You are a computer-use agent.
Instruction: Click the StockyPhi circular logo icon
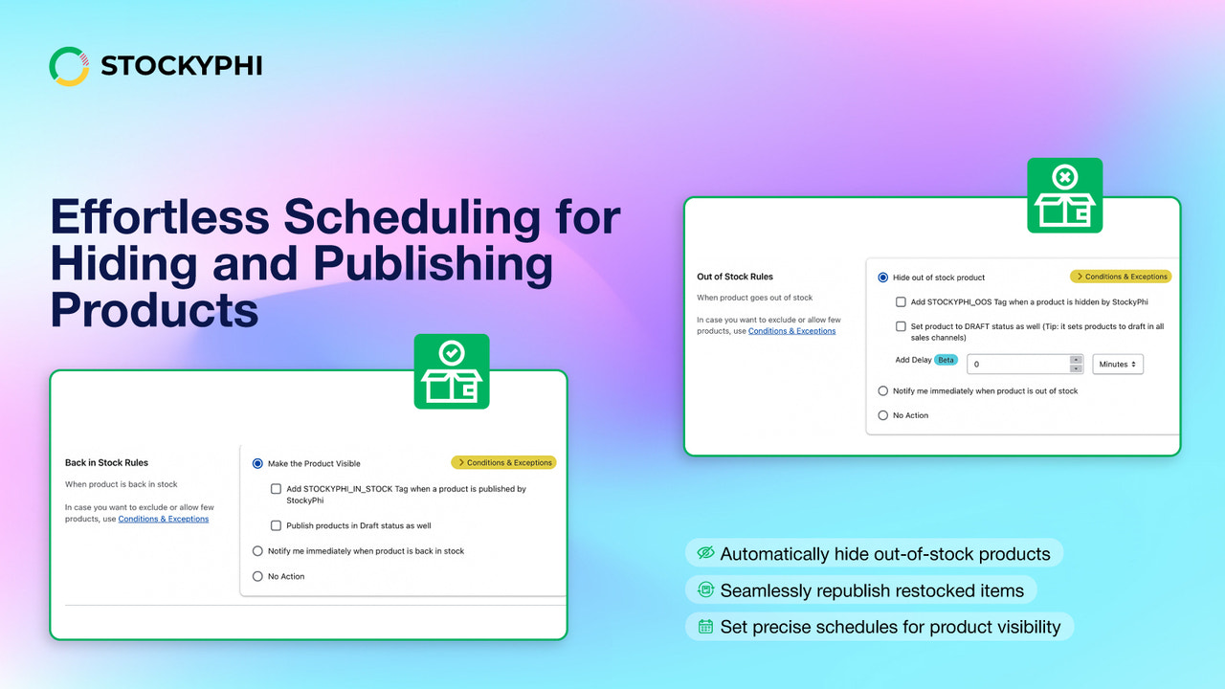click(69, 66)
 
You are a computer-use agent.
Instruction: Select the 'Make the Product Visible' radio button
click(257, 464)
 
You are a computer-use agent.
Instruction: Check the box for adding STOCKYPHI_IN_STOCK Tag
click(277, 489)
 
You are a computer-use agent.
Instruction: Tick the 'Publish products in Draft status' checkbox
click(277, 525)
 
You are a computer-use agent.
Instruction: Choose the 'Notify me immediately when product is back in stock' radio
click(257, 551)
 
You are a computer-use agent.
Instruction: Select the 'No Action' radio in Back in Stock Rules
click(257, 576)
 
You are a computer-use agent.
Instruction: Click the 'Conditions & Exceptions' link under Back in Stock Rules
click(163, 519)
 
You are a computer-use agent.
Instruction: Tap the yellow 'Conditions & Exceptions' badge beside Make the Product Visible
click(503, 463)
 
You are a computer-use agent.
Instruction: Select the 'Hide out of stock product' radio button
click(882, 278)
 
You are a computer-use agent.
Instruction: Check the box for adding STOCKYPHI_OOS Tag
click(901, 301)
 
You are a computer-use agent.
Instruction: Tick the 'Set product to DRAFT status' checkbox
click(901, 326)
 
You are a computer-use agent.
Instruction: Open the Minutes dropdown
click(1118, 365)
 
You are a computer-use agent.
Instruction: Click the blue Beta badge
click(947, 361)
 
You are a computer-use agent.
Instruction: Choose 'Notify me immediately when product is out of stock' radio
click(882, 390)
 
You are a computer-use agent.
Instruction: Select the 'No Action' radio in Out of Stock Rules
click(882, 415)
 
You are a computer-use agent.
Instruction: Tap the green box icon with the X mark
click(1064, 195)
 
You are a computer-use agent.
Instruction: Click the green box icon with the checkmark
click(452, 371)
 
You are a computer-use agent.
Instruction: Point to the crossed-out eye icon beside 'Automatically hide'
click(706, 553)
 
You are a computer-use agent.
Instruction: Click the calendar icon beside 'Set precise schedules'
click(706, 627)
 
